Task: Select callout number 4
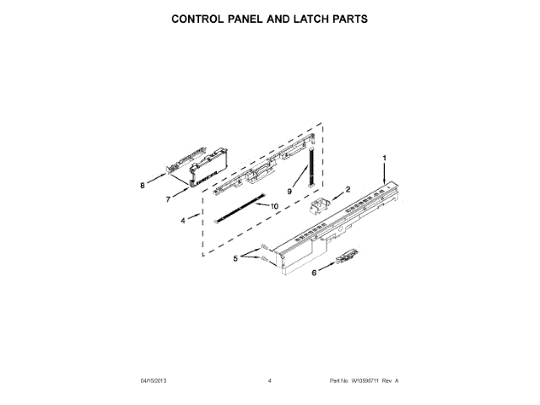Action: pyautogui.click(x=183, y=221)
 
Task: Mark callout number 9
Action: pyautogui.click(x=289, y=192)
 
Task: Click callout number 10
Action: pyautogui.click(x=273, y=206)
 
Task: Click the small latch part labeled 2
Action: pyautogui.click(x=323, y=204)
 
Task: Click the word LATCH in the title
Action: pyautogui.click(x=305, y=18)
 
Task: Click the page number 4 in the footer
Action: pyautogui.click(x=269, y=381)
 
